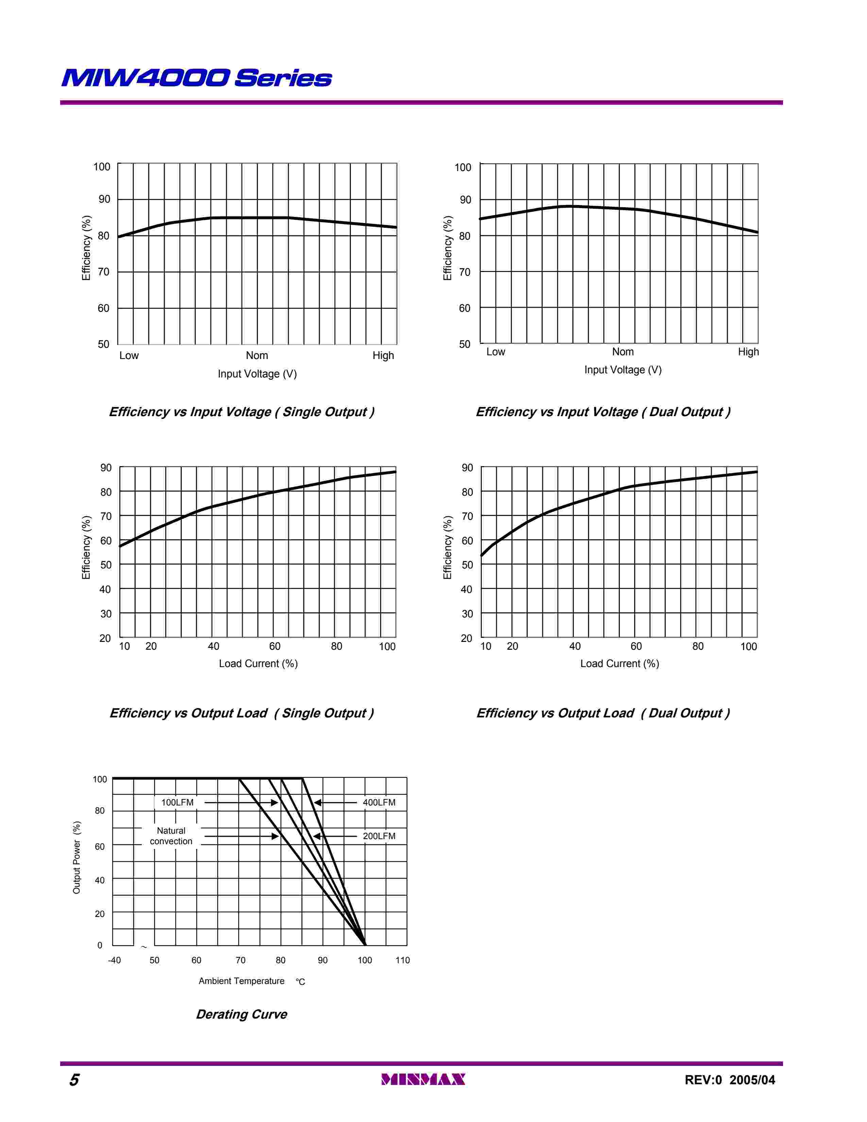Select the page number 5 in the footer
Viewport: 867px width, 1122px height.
(x=74, y=1080)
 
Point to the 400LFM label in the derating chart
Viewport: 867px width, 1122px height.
(x=379, y=802)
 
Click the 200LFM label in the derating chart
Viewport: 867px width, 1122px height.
(x=379, y=836)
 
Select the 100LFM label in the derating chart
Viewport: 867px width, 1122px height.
(x=177, y=802)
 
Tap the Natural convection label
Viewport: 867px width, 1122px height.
(x=171, y=836)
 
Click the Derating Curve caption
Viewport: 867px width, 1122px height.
(x=241, y=1014)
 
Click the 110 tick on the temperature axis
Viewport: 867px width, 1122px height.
(x=403, y=960)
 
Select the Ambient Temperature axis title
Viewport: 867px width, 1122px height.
(x=241, y=981)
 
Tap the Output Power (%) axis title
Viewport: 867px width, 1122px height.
(x=76, y=857)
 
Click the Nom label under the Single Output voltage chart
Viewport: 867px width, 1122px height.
(x=257, y=356)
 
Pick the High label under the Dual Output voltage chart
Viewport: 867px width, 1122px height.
(x=748, y=352)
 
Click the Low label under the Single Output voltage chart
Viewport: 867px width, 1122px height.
(x=129, y=356)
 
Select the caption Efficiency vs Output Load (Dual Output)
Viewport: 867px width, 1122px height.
(x=603, y=713)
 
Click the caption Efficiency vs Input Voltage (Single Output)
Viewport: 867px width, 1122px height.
(x=241, y=412)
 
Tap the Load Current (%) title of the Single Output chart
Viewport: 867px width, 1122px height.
(x=258, y=663)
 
